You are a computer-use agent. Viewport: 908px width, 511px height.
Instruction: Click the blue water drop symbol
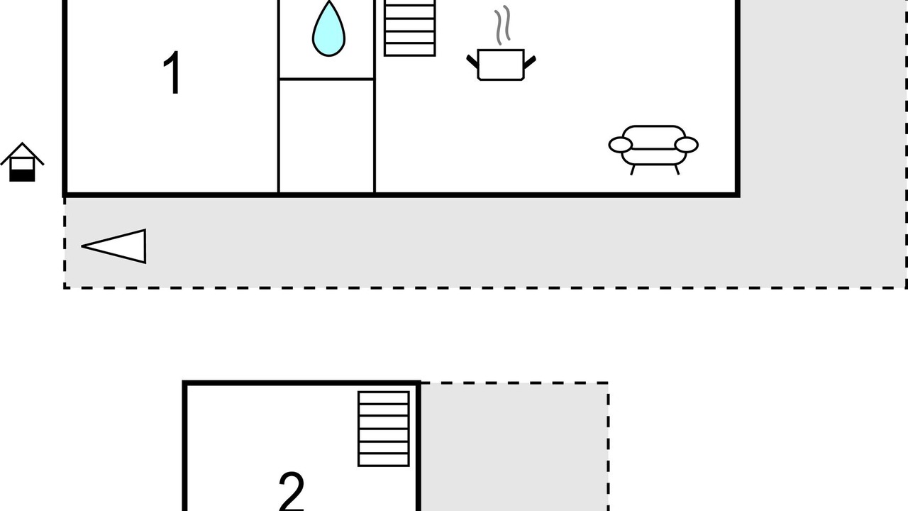[x=328, y=29]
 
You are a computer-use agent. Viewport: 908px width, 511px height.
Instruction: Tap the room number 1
[x=172, y=73]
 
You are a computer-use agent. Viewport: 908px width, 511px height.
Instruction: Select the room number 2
[x=292, y=491]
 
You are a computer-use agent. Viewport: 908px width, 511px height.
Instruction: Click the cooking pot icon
[x=501, y=65]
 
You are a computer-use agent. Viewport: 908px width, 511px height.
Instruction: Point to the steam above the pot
[x=502, y=25]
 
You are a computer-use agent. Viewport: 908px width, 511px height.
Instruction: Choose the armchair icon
[x=653, y=149]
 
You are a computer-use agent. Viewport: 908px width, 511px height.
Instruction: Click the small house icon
[x=22, y=162]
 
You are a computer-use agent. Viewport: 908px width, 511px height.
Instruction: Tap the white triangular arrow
[x=114, y=246]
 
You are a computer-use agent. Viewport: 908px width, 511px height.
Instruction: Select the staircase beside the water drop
[x=410, y=28]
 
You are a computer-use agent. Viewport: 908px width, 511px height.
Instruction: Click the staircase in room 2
[x=384, y=429]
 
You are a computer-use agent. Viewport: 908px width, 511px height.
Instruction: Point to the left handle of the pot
[x=472, y=62]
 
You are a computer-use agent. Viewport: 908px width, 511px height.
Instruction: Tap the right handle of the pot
[x=530, y=62]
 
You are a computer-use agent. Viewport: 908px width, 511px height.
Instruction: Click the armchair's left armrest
[x=620, y=145]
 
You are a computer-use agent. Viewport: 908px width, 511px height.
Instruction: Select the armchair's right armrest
[x=686, y=145]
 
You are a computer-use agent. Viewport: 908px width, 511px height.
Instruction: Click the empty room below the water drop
[x=327, y=136]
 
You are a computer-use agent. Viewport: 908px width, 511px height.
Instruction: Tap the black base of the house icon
[x=22, y=175]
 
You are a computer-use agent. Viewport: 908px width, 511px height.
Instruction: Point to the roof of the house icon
[x=22, y=152]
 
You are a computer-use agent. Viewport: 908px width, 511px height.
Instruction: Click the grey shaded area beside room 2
[x=514, y=447]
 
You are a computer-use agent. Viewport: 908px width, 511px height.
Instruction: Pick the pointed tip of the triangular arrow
[x=82, y=246]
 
